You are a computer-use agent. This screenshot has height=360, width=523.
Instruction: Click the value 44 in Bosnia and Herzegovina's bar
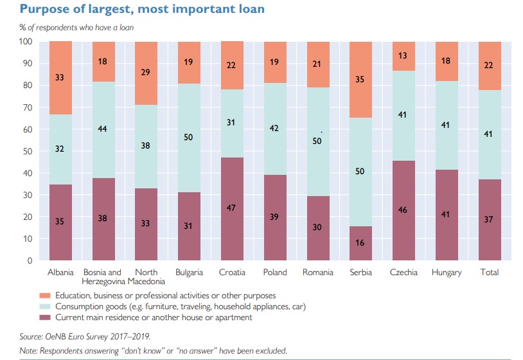(x=103, y=129)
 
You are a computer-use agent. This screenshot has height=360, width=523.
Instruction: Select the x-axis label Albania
(x=60, y=273)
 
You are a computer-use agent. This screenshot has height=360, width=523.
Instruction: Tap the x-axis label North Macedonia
(x=146, y=276)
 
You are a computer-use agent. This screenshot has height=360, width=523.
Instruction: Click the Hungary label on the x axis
(x=447, y=273)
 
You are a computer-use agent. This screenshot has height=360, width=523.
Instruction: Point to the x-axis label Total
(x=490, y=273)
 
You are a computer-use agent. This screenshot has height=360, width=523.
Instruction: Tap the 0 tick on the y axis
(x=30, y=260)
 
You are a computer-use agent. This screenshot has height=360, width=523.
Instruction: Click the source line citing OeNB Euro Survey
(x=82, y=336)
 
